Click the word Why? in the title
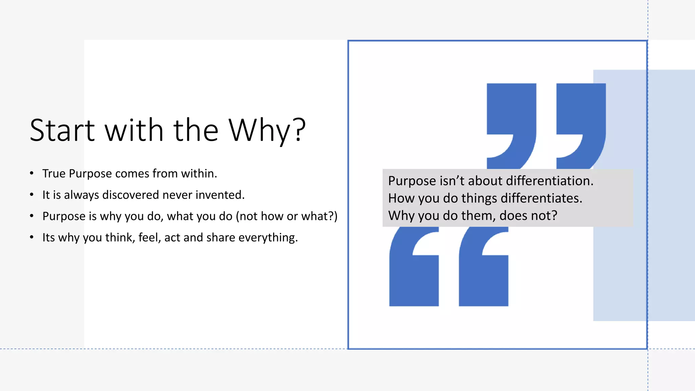coord(267,130)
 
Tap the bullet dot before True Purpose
coord(32,173)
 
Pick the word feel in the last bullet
coord(150,238)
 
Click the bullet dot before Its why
coord(32,237)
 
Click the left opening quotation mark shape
coord(414,278)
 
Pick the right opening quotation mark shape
coord(484,278)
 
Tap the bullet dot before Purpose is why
coord(32,216)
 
